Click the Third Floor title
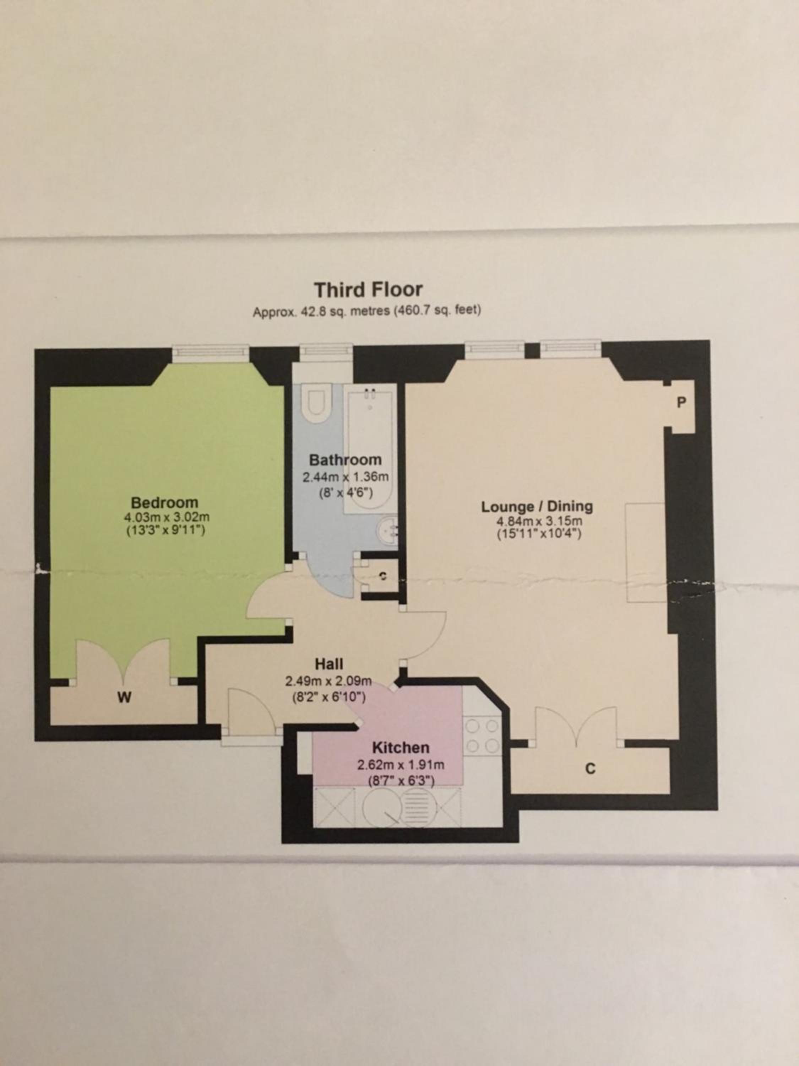point(369,290)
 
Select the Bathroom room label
point(345,460)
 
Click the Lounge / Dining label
point(537,506)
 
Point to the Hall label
point(329,664)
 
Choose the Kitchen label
point(401,748)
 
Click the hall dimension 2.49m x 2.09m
point(328,682)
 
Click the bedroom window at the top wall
point(211,353)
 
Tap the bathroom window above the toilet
point(326,352)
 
